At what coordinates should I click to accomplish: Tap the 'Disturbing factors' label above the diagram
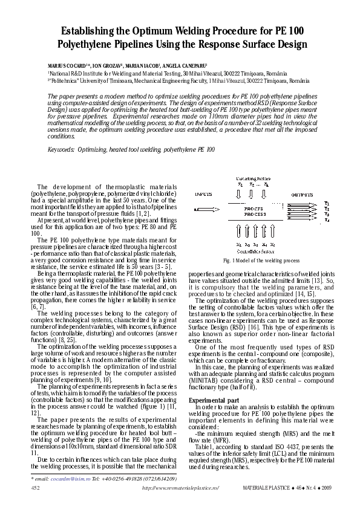click(x=254, y=177)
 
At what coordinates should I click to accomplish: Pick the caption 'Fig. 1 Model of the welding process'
click(x=261, y=261)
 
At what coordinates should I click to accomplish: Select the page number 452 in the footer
click(x=35, y=487)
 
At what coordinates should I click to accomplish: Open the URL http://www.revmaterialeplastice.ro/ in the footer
click(x=180, y=487)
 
